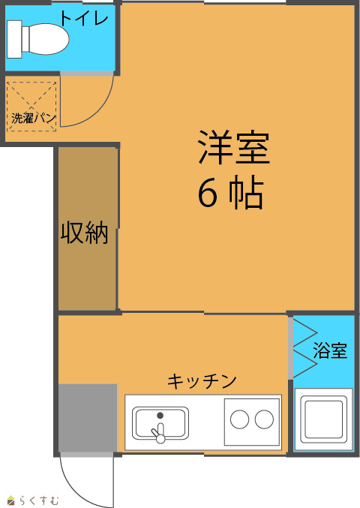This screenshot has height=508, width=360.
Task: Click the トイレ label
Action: [84, 19]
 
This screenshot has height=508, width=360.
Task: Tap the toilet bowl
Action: [45, 39]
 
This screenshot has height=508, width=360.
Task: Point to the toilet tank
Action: [14, 39]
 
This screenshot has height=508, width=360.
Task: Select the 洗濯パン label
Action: [34, 118]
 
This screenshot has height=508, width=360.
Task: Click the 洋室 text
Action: [234, 147]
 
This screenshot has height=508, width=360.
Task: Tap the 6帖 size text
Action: [230, 192]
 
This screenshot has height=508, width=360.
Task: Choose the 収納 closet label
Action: [85, 232]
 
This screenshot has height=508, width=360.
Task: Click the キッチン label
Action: [202, 381]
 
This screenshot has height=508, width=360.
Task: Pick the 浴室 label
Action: [330, 350]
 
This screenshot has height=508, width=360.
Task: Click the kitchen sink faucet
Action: [159, 433]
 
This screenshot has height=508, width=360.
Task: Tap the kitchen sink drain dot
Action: [160, 415]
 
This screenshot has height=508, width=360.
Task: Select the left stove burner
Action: [239, 419]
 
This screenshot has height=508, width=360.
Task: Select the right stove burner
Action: [264, 419]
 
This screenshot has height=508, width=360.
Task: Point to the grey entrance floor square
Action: [88, 418]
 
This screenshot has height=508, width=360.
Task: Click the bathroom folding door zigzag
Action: [305, 349]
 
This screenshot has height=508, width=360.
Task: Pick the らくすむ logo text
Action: [38, 500]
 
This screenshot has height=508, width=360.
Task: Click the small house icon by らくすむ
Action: [11, 500]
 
